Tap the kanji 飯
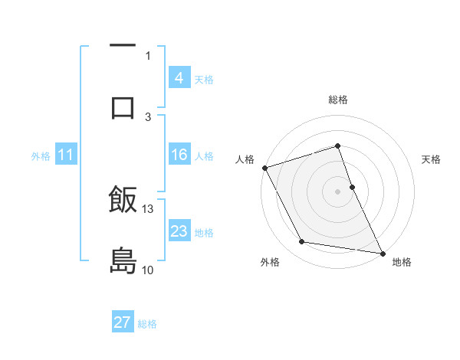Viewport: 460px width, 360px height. point(123,201)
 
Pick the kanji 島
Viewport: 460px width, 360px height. point(123,260)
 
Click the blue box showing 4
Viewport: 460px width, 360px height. point(179,77)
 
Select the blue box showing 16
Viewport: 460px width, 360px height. point(179,155)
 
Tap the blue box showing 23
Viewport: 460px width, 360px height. point(179,231)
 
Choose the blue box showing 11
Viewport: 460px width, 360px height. point(66,155)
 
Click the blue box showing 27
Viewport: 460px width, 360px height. point(123,322)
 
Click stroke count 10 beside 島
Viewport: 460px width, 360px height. point(147,270)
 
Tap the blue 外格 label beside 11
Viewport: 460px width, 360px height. point(41,156)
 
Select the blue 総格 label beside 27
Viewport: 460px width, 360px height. point(147,324)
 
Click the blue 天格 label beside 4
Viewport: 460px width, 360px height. point(204,79)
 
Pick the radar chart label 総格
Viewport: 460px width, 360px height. point(338,100)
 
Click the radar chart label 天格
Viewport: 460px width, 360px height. point(432,159)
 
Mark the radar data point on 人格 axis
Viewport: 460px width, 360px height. point(264,168)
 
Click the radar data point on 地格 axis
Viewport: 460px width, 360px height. point(382,253)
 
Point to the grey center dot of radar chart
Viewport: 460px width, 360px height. point(338,191)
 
